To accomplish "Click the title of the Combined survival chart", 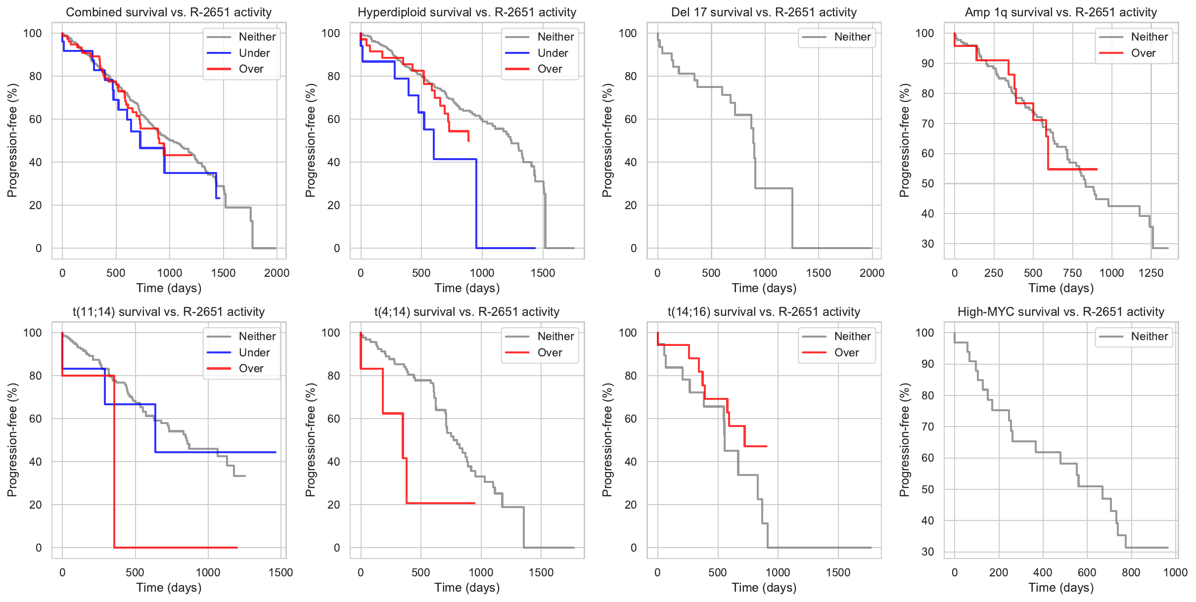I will point(169,12).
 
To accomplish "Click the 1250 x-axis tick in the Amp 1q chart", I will point(1151,273).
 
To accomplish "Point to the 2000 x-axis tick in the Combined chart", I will point(276,273).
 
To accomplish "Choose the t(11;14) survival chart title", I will point(169,312).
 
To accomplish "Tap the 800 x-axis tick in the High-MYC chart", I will point(1131,572).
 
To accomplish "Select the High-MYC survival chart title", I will point(1061,312).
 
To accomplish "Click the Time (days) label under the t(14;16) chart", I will point(764,588).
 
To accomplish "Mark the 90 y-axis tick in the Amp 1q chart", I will point(927,63).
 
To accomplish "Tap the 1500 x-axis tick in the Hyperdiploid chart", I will point(543,273).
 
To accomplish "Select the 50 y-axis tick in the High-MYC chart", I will point(927,489).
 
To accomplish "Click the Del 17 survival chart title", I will point(764,12).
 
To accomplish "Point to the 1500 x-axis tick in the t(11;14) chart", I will point(280,572).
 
